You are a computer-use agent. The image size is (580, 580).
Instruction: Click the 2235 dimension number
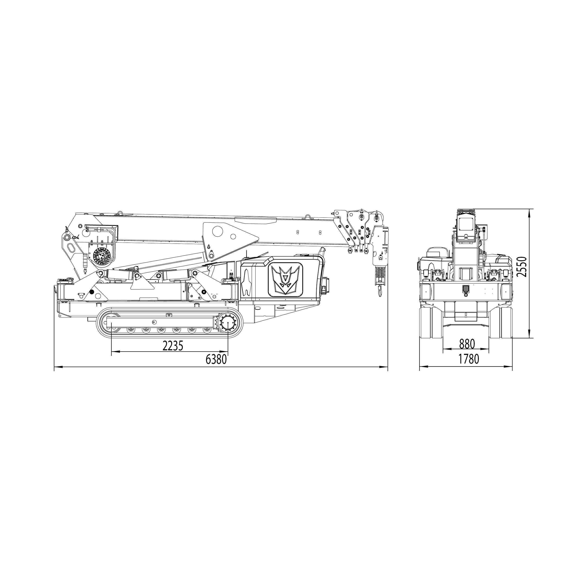[x=173, y=346]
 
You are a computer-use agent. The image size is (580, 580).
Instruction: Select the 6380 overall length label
[x=216, y=359]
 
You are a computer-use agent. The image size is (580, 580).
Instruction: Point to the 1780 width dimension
[x=469, y=359]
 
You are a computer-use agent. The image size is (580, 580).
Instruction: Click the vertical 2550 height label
[x=523, y=267]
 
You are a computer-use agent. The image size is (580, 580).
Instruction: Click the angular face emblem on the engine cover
[x=285, y=278]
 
